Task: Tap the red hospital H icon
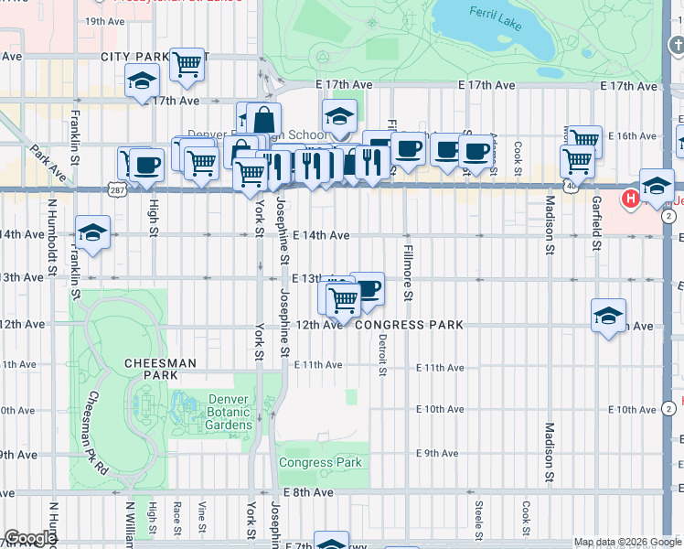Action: (x=630, y=199)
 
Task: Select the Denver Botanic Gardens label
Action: (x=217, y=412)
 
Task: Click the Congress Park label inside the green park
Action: (x=320, y=462)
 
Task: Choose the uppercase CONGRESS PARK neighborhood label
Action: (x=409, y=325)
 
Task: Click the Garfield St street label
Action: (x=596, y=223)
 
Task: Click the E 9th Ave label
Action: (x=437, y=454)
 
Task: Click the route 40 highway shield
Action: (x=571, y=185)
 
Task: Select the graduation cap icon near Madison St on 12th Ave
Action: (x=608, y=316)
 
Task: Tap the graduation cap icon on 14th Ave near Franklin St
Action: (x=92, y=231)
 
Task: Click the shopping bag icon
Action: (x=263, y=120)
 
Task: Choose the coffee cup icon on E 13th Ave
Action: (x=367, y=289)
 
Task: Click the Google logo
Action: (x=29, y=539)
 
